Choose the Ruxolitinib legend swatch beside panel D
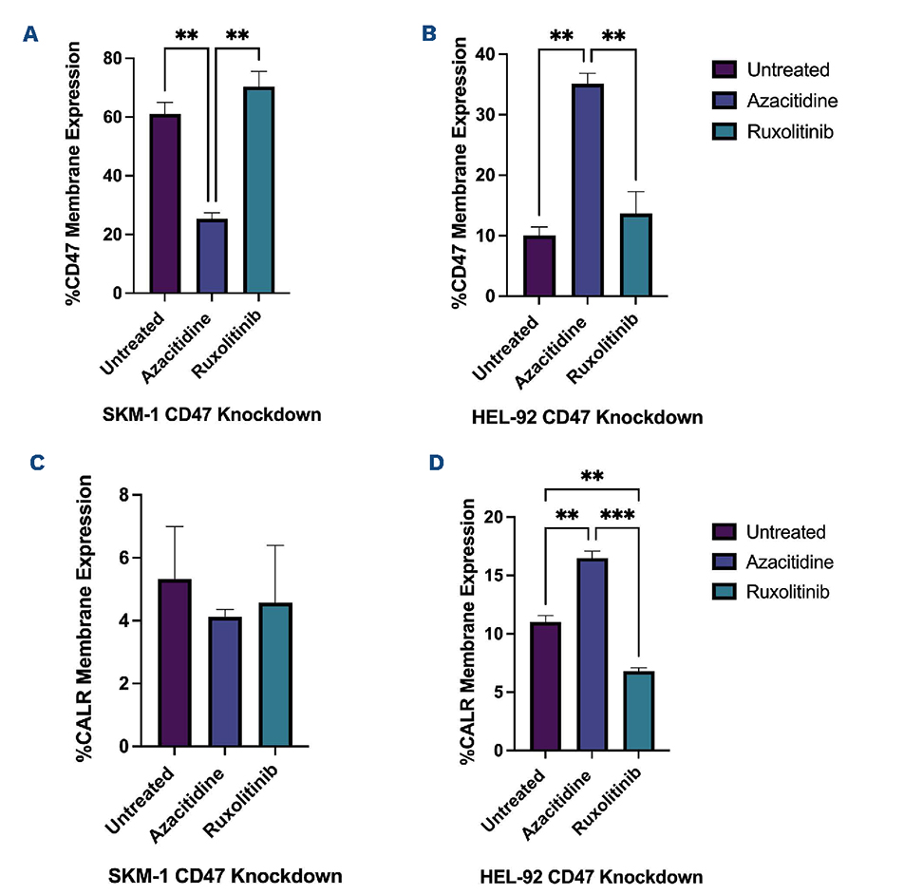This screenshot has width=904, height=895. tap(725, 592)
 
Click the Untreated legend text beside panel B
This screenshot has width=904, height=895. tap(788, 69)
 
